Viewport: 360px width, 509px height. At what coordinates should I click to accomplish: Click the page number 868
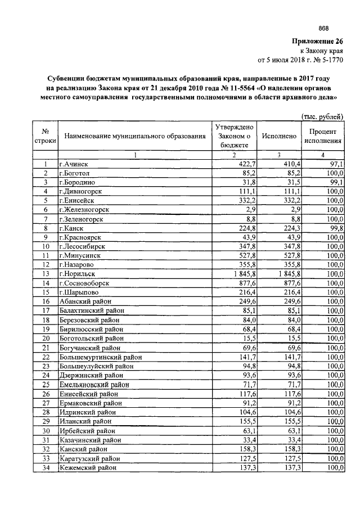pos(323,29)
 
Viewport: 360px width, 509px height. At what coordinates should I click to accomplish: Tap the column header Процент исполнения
pos(322,136)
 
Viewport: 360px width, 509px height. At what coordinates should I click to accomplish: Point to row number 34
pos(44,467)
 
